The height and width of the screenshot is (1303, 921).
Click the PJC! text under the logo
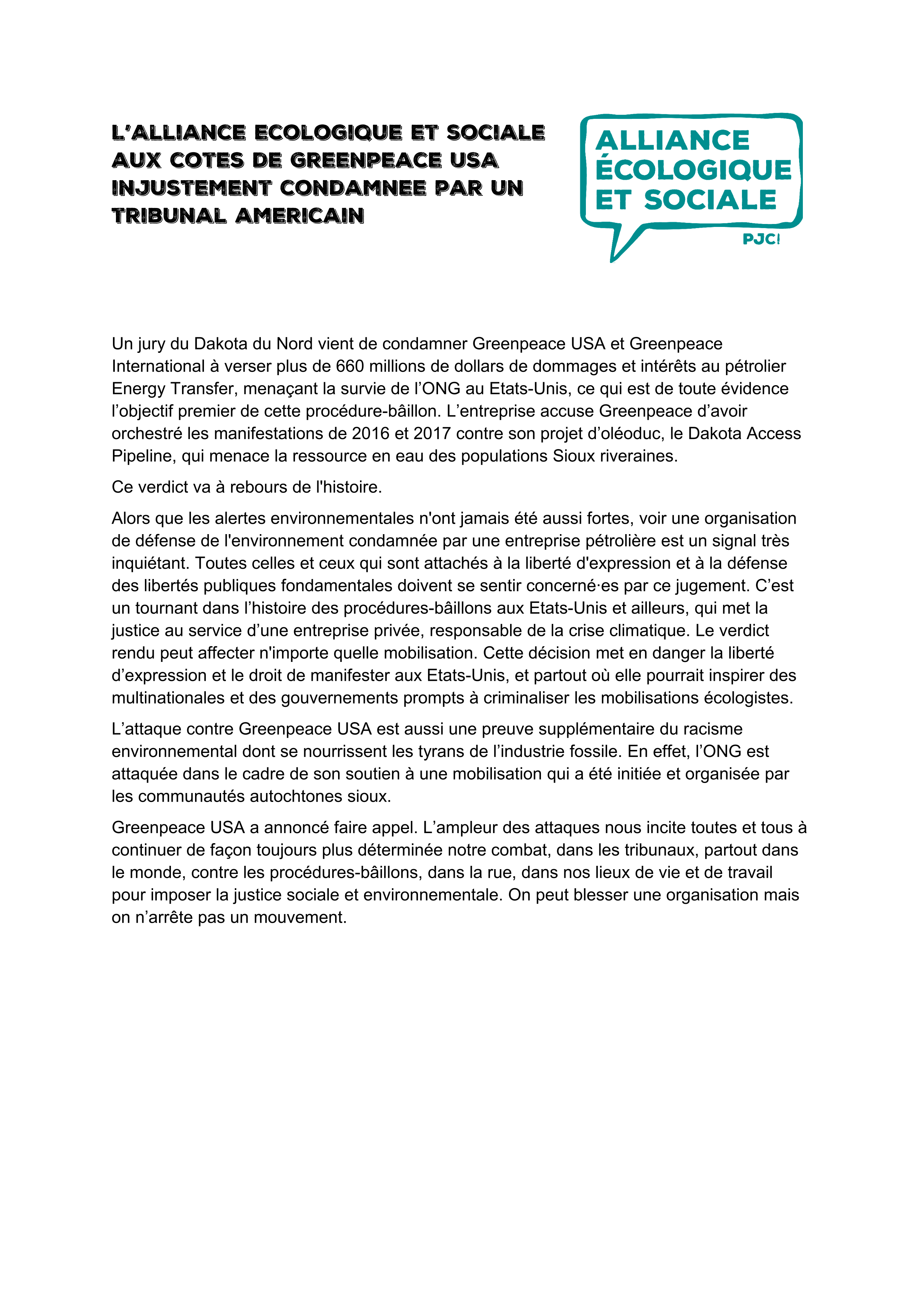(761, 240)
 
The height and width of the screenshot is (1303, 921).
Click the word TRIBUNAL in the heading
(169, 216)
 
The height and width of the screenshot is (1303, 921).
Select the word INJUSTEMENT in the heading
(191, 188)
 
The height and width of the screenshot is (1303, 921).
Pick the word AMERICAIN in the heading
(299, 216)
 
